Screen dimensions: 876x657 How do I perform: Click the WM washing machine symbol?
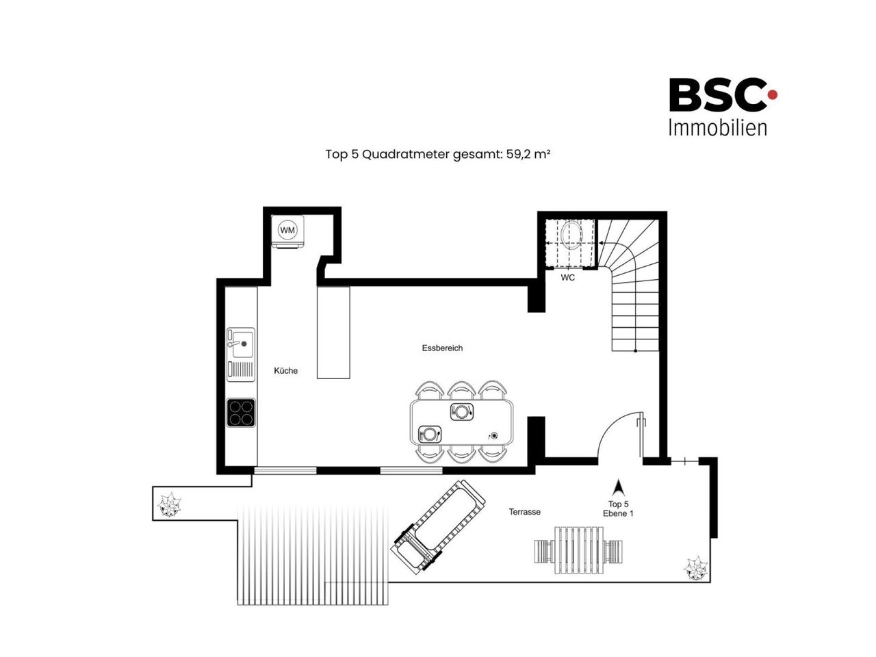coord(287,231)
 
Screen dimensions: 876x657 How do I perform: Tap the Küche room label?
coord(285,370)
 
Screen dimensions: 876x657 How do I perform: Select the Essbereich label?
coord(442,348)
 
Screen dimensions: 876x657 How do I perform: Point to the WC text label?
coord(567,277)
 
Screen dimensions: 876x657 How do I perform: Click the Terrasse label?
coord(524,512)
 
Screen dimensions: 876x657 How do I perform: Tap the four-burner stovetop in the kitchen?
coord(241,413)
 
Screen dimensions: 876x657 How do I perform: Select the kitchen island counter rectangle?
coord(333,333)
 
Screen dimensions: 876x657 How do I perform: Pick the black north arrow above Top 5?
coord(618,487)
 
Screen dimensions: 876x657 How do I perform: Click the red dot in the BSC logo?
coord(772,94)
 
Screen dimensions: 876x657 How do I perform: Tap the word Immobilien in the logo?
coord(717,128)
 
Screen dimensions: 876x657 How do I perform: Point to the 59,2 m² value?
coord(528,154)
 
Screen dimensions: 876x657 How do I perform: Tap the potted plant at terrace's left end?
coord(170,505)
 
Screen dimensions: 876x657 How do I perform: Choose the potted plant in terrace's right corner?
coord(695,568)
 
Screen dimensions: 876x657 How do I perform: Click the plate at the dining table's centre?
coord(462,411)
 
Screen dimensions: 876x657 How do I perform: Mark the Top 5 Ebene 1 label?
coord(618,508)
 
